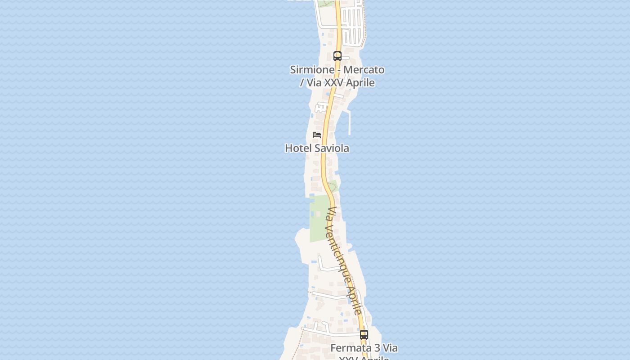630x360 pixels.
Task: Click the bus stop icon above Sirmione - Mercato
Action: (337, 56)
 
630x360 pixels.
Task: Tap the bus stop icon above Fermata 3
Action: (364, 335)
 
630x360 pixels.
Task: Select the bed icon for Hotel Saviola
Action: (317, 135)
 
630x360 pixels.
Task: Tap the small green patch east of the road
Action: (333, 185)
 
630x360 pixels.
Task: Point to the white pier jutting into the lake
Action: (349, 122)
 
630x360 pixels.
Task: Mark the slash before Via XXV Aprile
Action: (302, 83)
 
